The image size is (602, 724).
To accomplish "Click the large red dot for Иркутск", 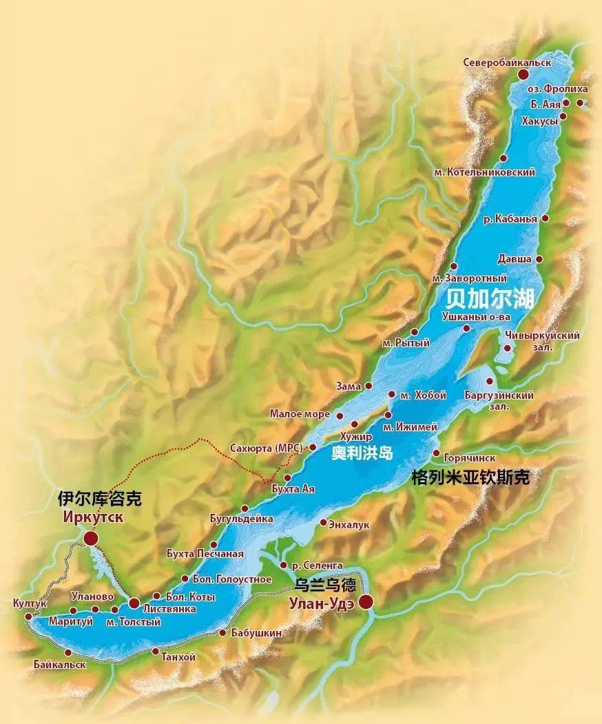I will coord(90,538).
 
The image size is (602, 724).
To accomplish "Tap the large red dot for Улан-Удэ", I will coord(365,602).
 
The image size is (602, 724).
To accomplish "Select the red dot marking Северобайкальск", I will coord(523,74).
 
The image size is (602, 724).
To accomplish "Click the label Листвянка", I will coord(169,609).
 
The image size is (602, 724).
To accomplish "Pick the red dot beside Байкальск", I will coord(68,652).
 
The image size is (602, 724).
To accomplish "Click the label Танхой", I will coord(178,657).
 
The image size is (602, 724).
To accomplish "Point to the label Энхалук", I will coord(350,524).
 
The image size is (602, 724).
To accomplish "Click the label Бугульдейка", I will coord(241,518).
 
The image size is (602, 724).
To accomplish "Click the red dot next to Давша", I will coord(539,259).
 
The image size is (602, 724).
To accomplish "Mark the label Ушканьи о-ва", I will coord(476,316).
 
